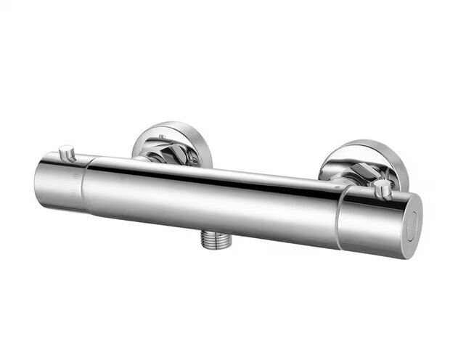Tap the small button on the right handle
point(383,189)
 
